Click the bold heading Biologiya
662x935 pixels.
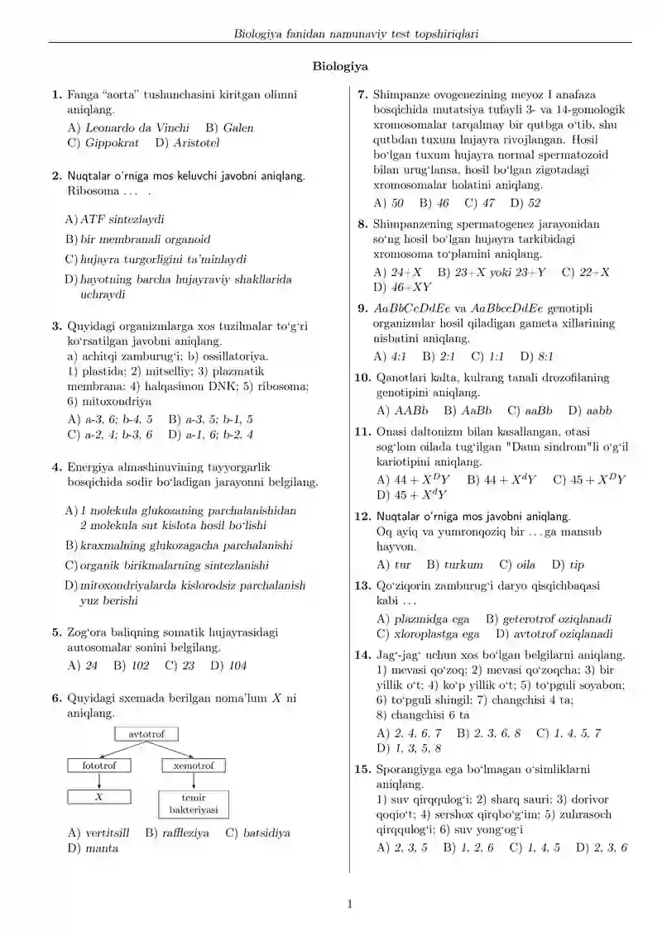(x=340, y=66)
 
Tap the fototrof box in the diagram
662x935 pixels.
(x=99, y=766)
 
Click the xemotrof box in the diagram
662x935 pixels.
(x=194, y=766)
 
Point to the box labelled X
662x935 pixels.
(x=99, y=798)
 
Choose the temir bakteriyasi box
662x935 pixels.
(x=193, y=804)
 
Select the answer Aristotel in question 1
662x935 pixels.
(x=197, y=143)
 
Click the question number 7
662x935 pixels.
(x=362, y=95)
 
